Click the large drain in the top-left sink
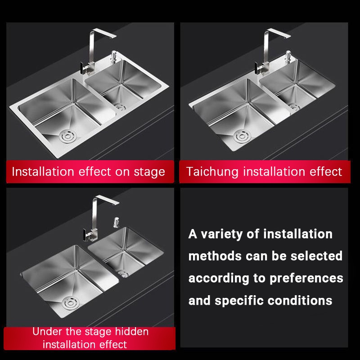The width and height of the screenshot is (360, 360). coord(67,136)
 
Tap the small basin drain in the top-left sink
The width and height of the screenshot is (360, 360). coord(120,107)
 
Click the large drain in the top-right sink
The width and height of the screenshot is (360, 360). coord(242,136)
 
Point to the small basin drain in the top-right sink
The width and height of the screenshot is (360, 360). coord(295,107)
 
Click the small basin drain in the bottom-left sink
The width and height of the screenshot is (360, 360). coord(123,274)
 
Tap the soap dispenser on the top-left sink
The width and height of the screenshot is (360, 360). coord(114,57)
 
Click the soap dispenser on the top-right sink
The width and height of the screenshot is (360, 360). coord(288,57)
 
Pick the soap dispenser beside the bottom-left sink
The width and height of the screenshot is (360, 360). coord(116,222)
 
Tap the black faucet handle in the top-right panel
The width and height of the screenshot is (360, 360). coord(257,68)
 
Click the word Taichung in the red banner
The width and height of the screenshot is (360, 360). coord(212,172)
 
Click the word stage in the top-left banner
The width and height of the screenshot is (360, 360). coord(149,172)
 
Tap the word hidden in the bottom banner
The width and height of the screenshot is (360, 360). coord(131,332)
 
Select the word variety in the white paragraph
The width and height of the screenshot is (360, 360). coord(221,234)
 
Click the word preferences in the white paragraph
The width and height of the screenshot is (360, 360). coord(306,279)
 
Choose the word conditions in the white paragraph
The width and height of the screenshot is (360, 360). coord(300,301)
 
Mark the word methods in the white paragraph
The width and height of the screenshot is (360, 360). coord(215,256)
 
